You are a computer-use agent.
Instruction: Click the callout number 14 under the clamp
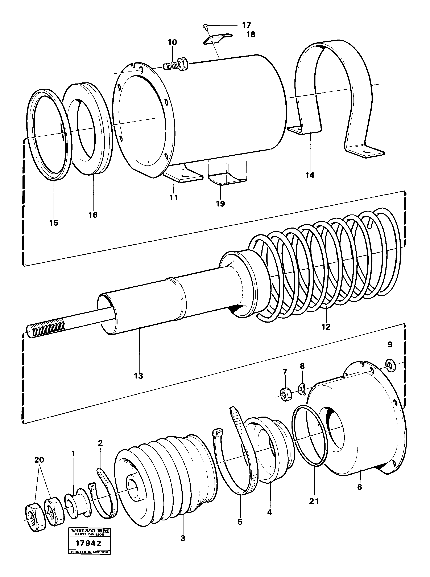pyautogui.click(x=310, y=175)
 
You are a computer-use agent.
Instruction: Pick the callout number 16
pyautogui.click(x=93, y=215)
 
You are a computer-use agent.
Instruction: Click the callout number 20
pyautogui.click(x=39, y=460)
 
